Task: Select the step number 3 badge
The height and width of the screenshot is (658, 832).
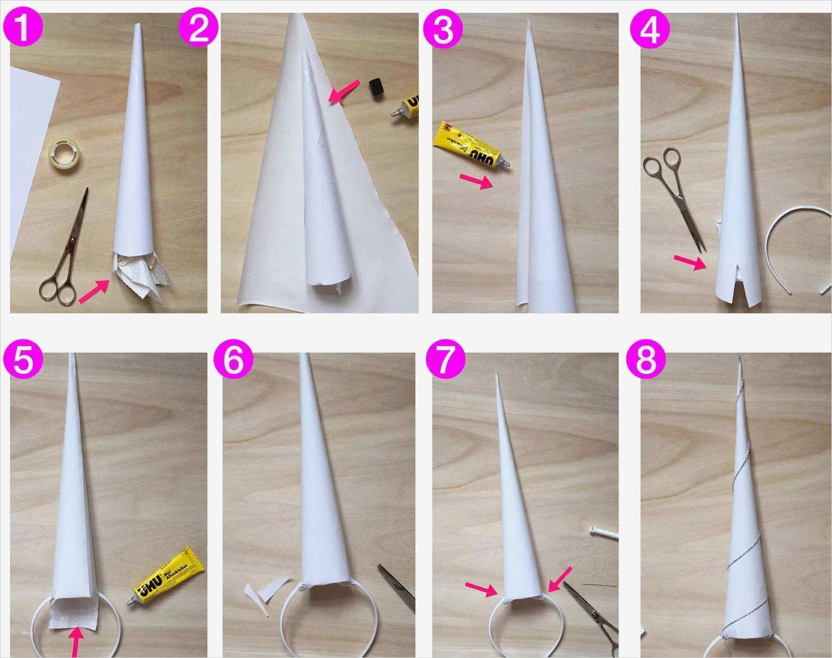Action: click(443, 30)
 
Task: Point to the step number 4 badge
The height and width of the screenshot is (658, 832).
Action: click(650, 30)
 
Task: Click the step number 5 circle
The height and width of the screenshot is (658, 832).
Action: click(22, 362)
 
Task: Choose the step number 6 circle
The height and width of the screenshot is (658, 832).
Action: click(234, 362)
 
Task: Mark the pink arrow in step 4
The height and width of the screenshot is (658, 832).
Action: click(689, 262)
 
